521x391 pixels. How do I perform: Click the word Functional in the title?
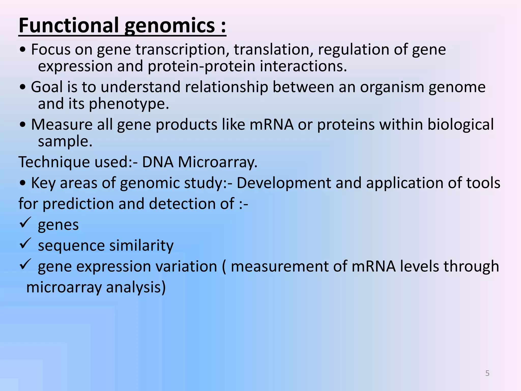click(x=69, y=25)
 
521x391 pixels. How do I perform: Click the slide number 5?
click(x=487, y=373)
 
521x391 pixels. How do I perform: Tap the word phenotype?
click(x=129, y=104)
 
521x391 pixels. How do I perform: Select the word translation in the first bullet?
click(x=273, y=49)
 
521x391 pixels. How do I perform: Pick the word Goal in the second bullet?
click(x=47, y=87)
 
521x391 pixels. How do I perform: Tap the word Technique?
click(x=54, y=162)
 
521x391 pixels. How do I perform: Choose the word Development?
click(x=284, y=183)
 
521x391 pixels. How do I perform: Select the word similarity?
click(x=141, y=246)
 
